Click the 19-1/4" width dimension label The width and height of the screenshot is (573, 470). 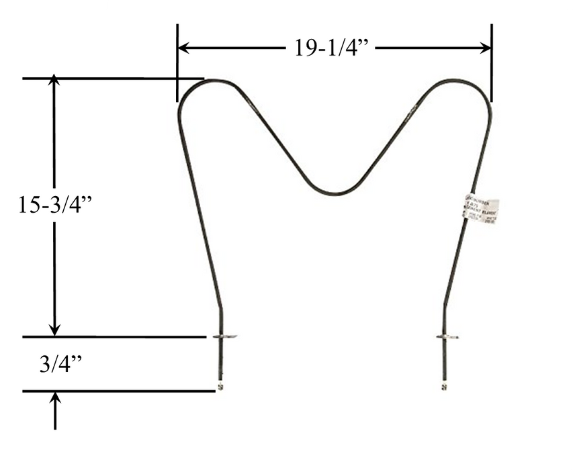pyautogui.click(x=333, y=48)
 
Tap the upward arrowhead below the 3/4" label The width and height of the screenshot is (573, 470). pyautogui.click(x=55, y=398)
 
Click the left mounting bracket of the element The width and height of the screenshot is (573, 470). pyautogui.click(x=223, y=336)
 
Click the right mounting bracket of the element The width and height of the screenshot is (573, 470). pyautogui.click(x=446, y=336)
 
